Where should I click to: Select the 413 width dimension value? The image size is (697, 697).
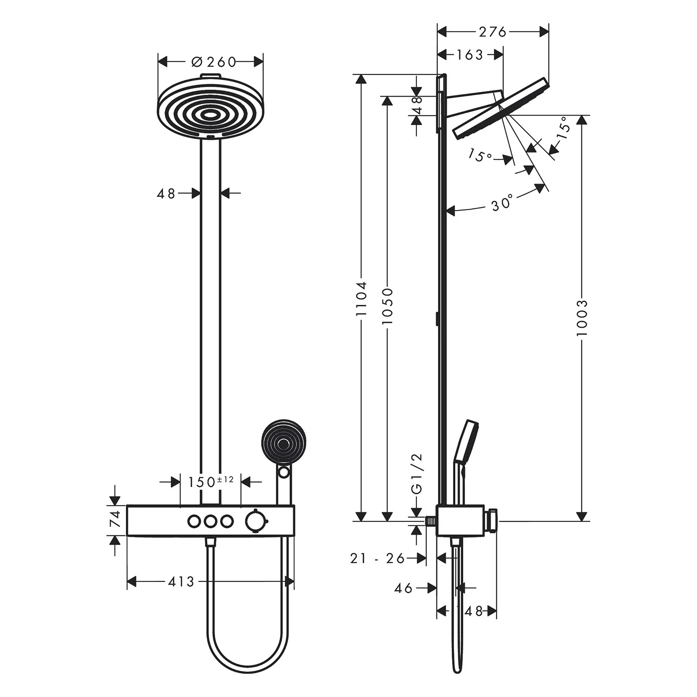[x=181, y=581]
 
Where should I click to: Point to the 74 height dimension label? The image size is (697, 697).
[x=117, y=519]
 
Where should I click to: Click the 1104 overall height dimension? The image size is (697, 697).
[x=362, y=298]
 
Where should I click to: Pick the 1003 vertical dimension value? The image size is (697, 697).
[x=581, y=318]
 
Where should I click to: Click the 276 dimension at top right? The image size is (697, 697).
[x=492, y=32]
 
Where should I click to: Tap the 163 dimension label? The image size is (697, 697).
[x=470, y=55]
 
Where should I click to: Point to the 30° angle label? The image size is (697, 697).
[x=502, y=203]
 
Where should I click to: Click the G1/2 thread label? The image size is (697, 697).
[x=417, y=473]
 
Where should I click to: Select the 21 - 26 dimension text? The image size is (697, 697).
[x=377, y=558]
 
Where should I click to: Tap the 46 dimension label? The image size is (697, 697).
[x=403, y=588]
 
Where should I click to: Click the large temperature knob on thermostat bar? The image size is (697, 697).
[x=254, y=520]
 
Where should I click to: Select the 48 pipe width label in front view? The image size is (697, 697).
[x=166, y=193]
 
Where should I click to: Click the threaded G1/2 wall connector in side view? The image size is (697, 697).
[x=431, y=521]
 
